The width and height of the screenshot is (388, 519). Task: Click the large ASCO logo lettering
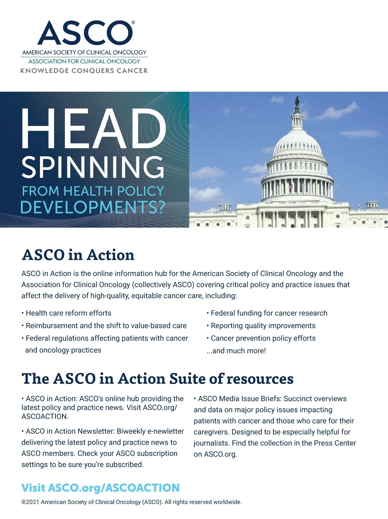85,33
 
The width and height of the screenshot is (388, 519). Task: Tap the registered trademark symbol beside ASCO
133,23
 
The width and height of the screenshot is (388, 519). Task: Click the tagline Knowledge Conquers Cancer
84,71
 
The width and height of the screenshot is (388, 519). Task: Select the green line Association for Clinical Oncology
84,61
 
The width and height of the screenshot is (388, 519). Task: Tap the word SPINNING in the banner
93,167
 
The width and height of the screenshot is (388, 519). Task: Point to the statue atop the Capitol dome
297,102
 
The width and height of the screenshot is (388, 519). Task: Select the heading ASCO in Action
78,255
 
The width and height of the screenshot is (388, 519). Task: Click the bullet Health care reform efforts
68,313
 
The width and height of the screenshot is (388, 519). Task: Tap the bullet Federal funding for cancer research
269,313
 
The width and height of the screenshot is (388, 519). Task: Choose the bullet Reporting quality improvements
263,326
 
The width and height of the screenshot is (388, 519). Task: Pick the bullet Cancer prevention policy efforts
263,338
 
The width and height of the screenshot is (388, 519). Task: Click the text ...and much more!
236,351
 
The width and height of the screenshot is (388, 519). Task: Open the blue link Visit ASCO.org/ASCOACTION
100,488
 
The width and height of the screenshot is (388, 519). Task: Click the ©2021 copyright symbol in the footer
24,502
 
